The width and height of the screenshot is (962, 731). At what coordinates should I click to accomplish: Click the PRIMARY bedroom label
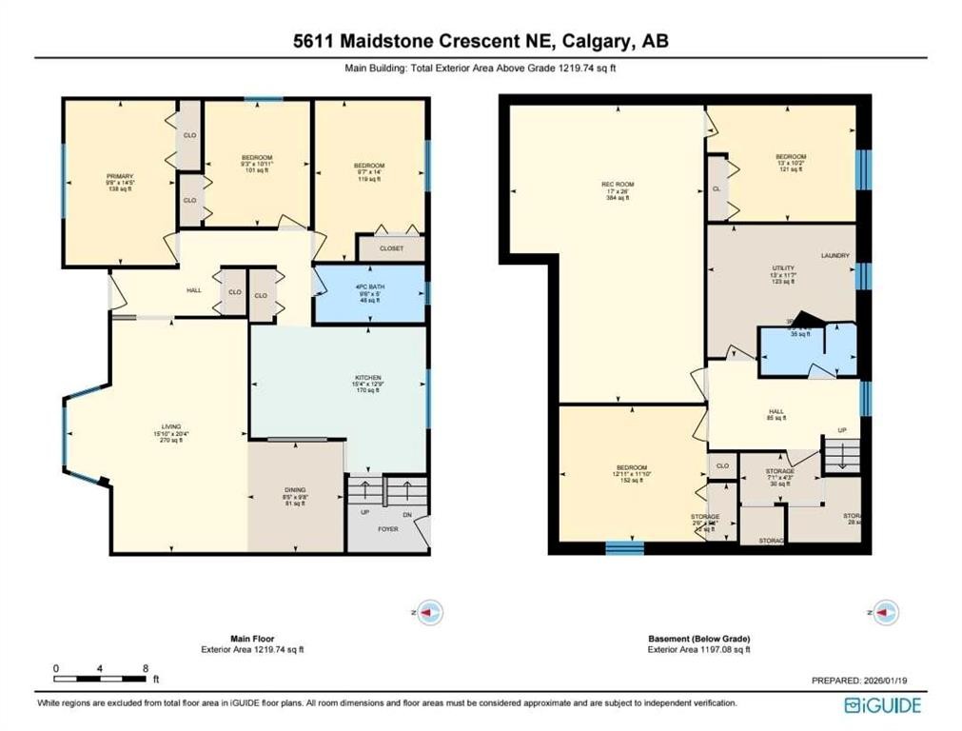pos(120,176)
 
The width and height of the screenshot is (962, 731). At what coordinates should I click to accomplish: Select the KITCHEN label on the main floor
pos(367,378)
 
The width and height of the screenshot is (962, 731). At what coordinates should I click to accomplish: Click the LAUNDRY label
pos(834,255)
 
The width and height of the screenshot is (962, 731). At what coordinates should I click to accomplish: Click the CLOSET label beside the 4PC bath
pos(391,248)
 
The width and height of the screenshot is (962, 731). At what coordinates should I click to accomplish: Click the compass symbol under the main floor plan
pos(430,612)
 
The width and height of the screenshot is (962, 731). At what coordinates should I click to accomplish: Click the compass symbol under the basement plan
pos(885,612)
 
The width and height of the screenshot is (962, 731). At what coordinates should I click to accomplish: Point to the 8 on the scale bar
pos(145,668)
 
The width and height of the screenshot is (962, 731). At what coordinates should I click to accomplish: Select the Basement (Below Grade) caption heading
pos(699,639)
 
